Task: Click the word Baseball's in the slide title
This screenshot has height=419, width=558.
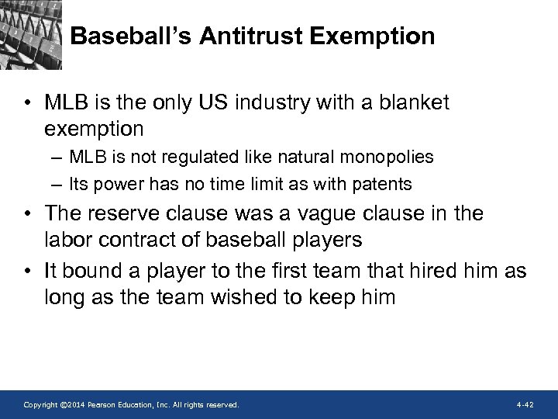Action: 128,36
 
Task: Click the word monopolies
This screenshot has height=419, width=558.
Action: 387,158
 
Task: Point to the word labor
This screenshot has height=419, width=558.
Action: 67,240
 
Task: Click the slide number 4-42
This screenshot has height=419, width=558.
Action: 525,404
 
